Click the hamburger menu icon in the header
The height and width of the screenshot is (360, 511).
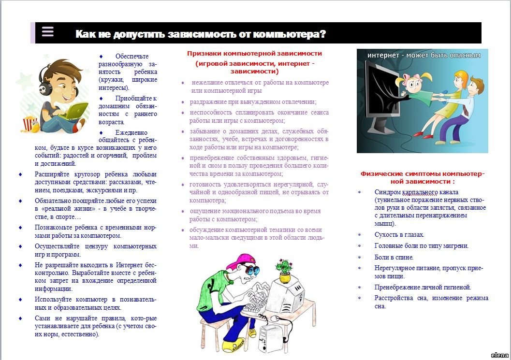pyautogui.click(x=47, y=32)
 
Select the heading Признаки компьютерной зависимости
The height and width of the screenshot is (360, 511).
pyautogui.click(x=254, y=54)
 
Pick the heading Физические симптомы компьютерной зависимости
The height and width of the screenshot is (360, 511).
pyautogui.click(x=422, y=177)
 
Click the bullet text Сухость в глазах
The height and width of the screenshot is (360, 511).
pyautogui.click(x=399, y=235)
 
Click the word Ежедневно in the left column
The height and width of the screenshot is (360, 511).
pyautogui.click(x=131, y=132)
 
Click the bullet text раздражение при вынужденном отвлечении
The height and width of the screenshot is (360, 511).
pyautogui.click(x=253, y=102)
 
